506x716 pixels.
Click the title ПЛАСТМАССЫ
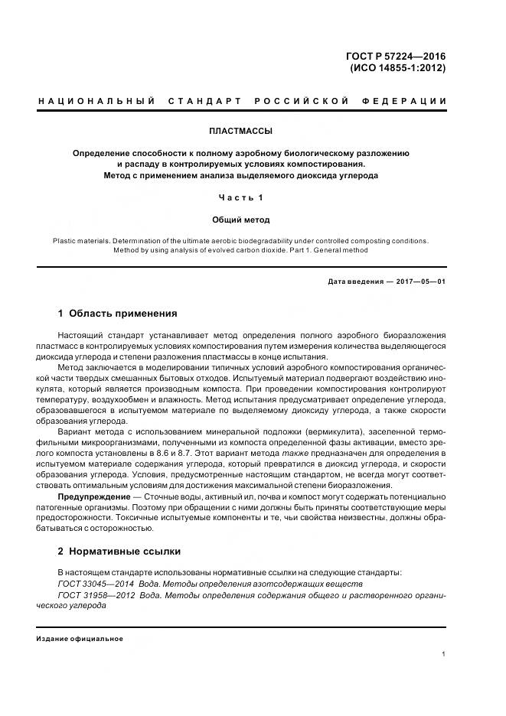[241, 131]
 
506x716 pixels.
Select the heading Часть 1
[241, 198]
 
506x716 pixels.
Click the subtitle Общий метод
[241, 220]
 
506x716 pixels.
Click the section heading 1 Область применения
[118, 314]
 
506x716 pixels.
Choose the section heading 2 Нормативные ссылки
[119, 552]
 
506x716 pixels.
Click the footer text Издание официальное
[80, 639]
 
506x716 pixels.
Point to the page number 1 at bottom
[444, 654]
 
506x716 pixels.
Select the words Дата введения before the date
[356, 282]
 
